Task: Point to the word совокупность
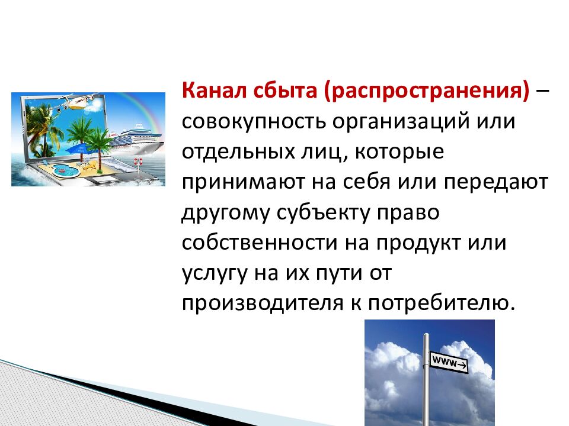(254, 122)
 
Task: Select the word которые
(399, 153)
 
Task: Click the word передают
(496, 182)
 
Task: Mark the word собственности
(260, 243)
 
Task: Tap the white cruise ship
(135, 138)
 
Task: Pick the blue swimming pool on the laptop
(65, 170)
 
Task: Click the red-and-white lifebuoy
(138, 161)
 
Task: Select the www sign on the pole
(449, 362)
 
